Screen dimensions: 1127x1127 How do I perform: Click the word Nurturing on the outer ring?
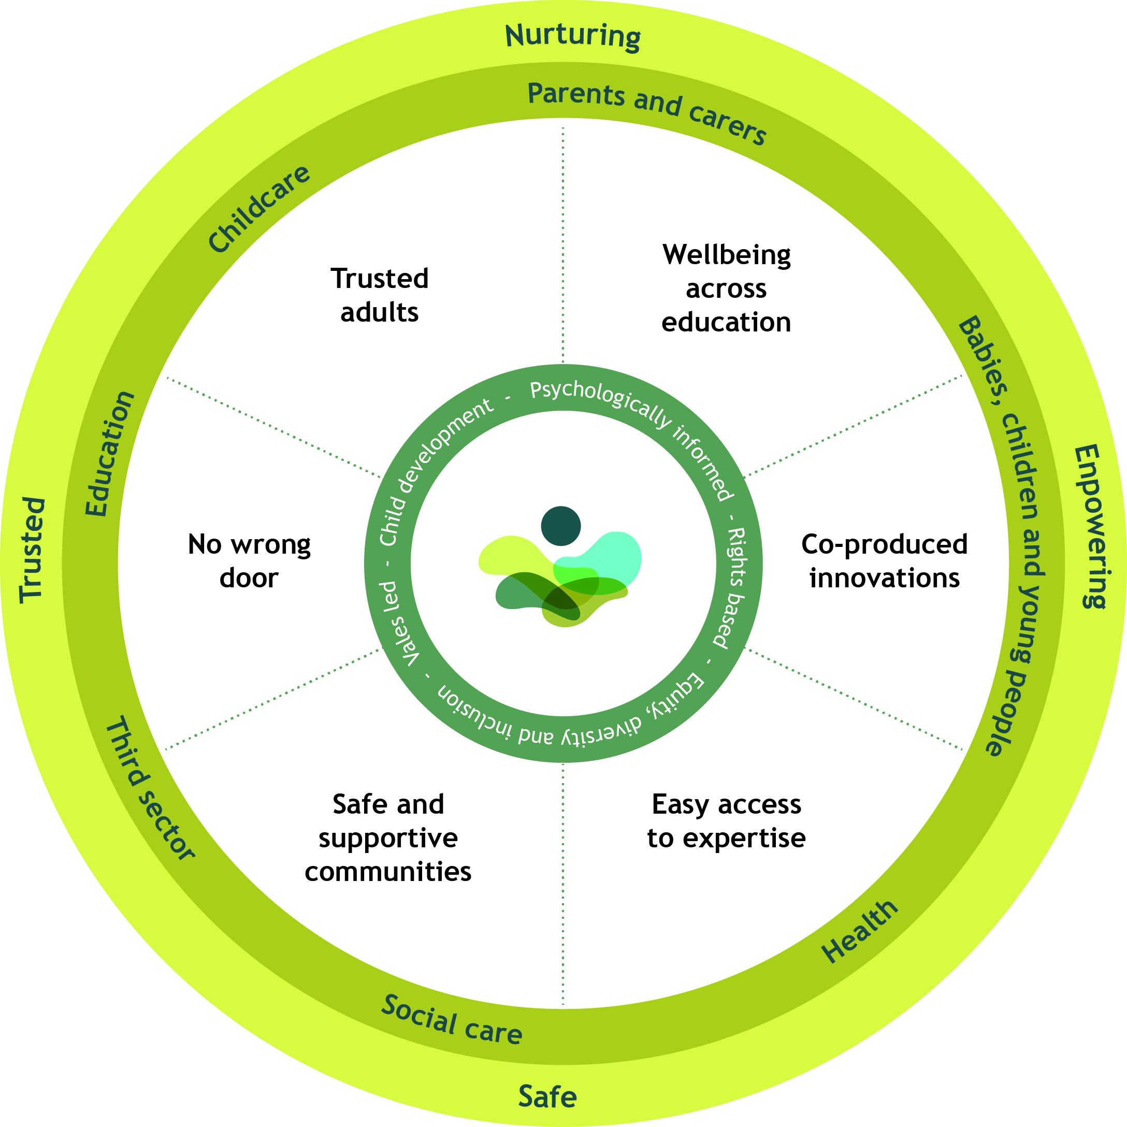click(x=572, y=36)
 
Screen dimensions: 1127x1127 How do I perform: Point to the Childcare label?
click(x=259, y=208)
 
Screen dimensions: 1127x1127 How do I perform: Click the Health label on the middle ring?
click(x=859, y=931)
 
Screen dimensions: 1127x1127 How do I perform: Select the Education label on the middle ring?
click(x=109, y=454)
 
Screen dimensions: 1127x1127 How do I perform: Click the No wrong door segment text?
click(x=249, y=561)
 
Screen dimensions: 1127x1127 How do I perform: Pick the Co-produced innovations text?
click(x=884, y=561)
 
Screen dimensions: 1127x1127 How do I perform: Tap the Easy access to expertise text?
click(x=726, y=821)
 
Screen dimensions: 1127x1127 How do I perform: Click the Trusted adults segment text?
click(x=380, y=295)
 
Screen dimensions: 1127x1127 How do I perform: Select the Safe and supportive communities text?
click(x=388, y=837)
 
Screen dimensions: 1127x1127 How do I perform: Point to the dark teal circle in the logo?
click(x=560, y=526)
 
